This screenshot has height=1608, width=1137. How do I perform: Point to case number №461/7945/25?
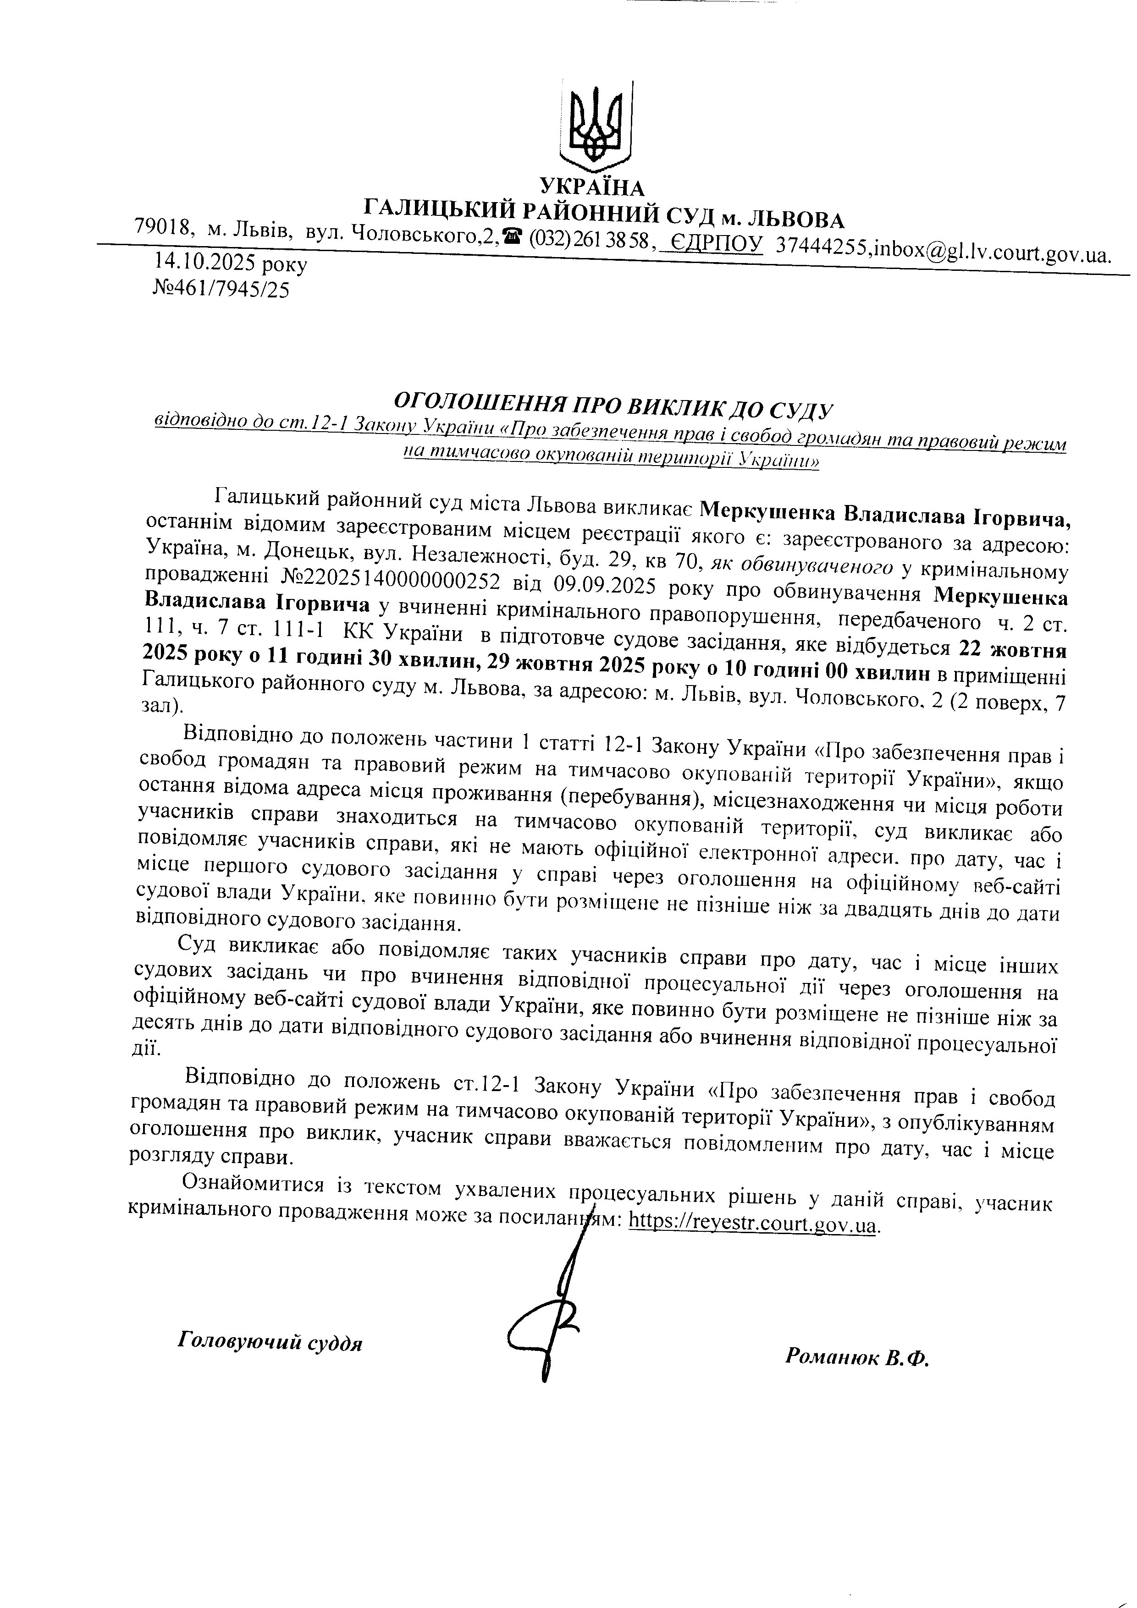click(x=221, y=289)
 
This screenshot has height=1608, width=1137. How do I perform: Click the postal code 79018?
click(x=163, y=227)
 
